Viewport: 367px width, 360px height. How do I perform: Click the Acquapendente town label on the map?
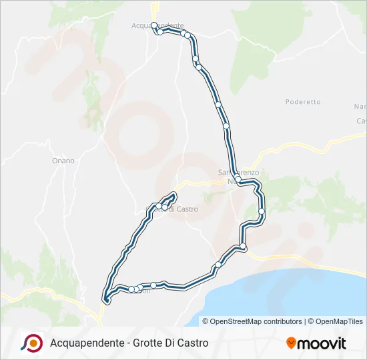[x=157, y=25]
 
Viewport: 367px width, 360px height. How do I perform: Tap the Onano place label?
[x=63, y=161]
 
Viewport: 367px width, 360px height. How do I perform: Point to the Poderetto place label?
[x=303, y=102]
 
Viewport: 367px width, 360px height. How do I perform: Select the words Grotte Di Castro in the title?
[x=171, y=343]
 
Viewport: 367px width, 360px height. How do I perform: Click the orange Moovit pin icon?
[x=292, y=343]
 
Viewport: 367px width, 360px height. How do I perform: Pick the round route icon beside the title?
[x=31, y=342]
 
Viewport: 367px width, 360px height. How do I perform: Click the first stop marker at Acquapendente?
[x=154, y=25]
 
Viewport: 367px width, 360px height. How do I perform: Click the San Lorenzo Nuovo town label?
[x=238, y=173]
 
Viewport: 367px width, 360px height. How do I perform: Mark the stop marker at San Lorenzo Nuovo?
[x=238, y=179]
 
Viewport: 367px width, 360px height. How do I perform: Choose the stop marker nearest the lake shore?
[x=218, y=265]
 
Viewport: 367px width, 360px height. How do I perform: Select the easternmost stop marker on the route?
[x=262, y=211]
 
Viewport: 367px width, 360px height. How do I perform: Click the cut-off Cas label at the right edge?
[x=362, y=121]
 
